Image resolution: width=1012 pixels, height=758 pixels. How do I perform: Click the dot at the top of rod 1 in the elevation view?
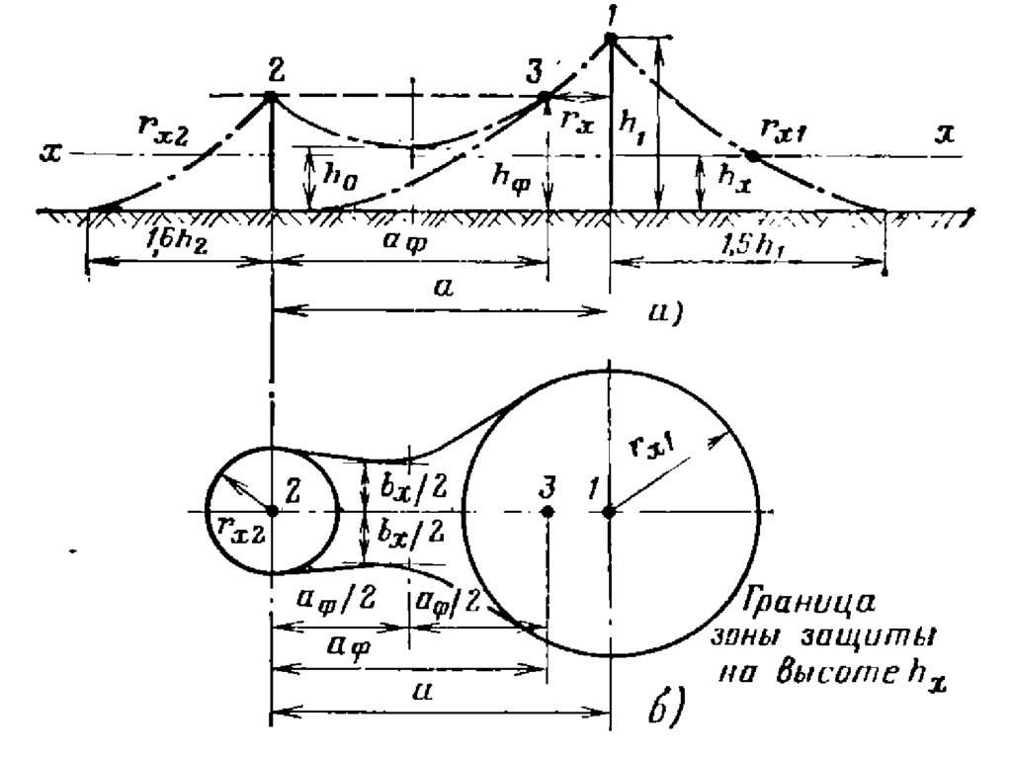click(x=610, y=39)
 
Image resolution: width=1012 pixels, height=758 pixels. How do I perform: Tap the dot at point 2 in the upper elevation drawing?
click(x=270, y=96)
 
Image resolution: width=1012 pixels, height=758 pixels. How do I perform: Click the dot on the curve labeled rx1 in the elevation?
click(x=751, y=155)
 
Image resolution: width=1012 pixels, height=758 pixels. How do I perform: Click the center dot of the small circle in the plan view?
click(x=270, y=511)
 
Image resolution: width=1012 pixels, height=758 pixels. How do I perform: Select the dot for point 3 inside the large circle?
click(x=548, y=511)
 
